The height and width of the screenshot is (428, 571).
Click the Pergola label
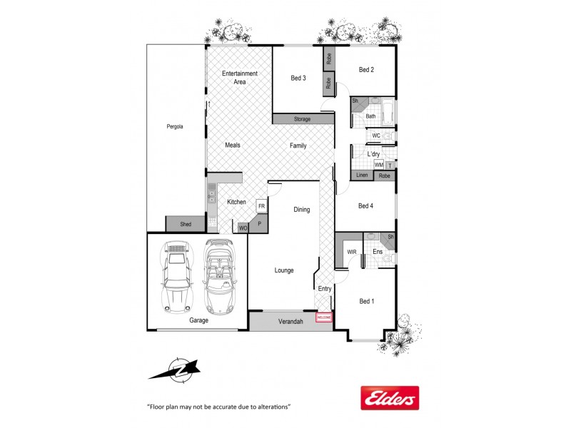coord(175,127)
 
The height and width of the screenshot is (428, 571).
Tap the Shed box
coord(186,224)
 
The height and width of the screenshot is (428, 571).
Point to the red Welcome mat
coord(325,316)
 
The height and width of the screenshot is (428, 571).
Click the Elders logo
coord(389,397)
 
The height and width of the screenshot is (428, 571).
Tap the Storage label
coord(302,119)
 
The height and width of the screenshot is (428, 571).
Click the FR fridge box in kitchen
coord(262,205)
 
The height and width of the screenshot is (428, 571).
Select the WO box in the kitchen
coord(243,228)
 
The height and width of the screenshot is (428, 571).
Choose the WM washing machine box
coord(379,165)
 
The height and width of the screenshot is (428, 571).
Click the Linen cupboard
coord(362,175)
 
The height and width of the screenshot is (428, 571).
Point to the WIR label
coord(351,253)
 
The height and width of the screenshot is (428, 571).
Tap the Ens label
coord(378,252)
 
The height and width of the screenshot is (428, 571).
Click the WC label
coord(376,136)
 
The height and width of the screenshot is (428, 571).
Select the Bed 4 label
coord(365,206)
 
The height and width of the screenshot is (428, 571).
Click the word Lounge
coord(284,270)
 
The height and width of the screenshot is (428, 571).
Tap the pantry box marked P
coord(259,223)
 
